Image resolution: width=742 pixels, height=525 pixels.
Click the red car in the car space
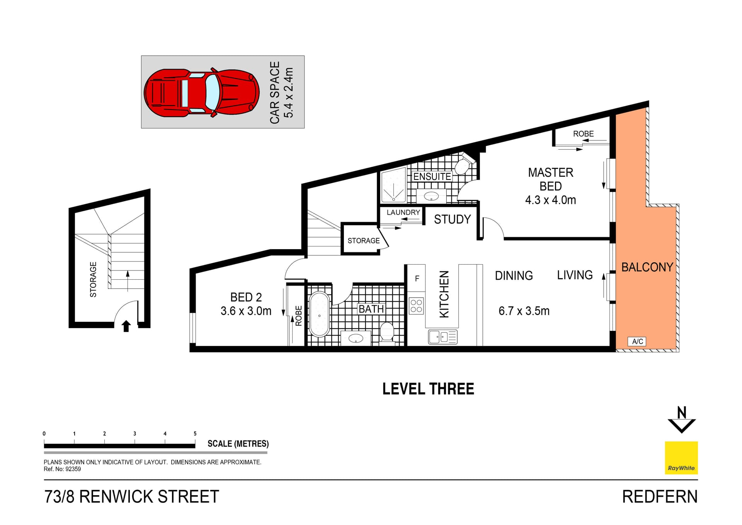click(201, 92)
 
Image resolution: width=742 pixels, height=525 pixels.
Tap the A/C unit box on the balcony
click(637, 341)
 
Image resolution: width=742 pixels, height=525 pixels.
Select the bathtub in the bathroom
click(319, 315)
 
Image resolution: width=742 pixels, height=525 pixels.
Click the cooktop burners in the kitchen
click(416, 306)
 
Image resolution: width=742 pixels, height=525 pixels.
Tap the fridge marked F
click(417, 278)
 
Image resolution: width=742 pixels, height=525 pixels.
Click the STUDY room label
click(452, 219)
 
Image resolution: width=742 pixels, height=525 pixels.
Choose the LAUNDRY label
click(403, 212)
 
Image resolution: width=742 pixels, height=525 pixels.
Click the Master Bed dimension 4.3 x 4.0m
click(550, 200)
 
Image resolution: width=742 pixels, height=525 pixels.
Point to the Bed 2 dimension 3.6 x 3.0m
click(246, 311)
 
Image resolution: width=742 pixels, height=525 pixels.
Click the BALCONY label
click(647, 267)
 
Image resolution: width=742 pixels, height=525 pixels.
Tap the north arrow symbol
click(682, 420)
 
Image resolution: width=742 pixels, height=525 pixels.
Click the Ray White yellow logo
click(681, 458)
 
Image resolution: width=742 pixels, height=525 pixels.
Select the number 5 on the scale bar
click(195, 434)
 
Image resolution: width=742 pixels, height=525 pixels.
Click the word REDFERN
click(659, 497)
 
